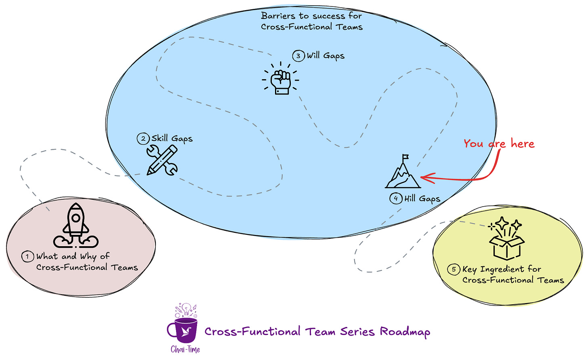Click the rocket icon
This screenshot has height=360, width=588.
[x=76, y=226]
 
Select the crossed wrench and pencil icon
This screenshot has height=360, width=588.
[x=162, y=160]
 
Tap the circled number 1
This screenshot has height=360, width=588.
[x=27, y=257]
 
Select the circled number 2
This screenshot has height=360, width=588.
[x=143, y=139]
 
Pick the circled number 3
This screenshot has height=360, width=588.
[x=298, y=56]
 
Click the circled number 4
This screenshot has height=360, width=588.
[x=396, y=198]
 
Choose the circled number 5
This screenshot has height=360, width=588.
[x=454, y=269]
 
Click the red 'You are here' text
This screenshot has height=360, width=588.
[x=499, y=144]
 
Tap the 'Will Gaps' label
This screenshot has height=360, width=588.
[x=325, y=56]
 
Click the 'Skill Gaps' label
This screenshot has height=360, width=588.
[x=172, y=139]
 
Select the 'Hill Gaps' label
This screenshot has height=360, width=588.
[x=422, y=199]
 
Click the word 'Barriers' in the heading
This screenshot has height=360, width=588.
[x=278, y=16]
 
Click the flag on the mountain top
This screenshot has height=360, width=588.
[x=405, y=157]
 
